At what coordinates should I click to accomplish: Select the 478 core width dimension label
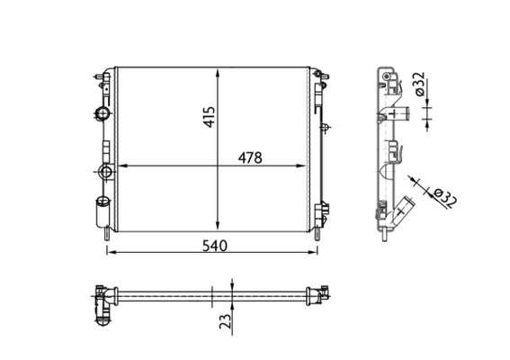coord(248,157)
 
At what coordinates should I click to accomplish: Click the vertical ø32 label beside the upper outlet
coord(419,85)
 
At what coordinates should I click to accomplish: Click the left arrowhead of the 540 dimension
coord(111,253)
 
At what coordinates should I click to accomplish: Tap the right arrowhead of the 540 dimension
coord(318,253)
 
